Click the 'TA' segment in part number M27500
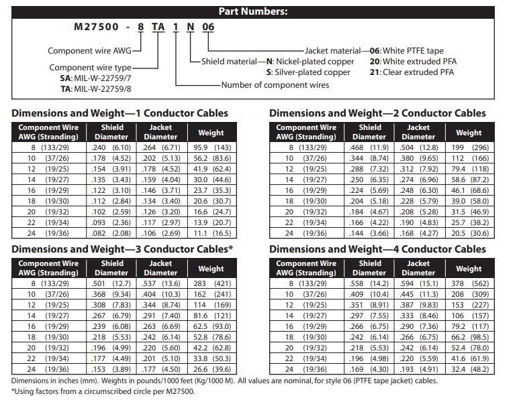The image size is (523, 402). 158,27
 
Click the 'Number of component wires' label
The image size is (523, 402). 275,85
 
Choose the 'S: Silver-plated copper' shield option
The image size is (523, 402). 308,72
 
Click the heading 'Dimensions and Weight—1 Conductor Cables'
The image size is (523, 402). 120,113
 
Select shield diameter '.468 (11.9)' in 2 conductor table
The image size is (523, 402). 369,147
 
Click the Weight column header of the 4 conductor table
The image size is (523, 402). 469,269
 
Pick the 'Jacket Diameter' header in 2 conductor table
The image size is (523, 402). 418,132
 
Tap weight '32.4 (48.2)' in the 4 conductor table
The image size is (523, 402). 469,369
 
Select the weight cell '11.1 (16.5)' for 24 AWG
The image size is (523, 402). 211,233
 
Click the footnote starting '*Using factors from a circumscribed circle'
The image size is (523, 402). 103,392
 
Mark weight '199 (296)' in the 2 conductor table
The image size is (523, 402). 469,147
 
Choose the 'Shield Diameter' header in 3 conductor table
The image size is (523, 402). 112,268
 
